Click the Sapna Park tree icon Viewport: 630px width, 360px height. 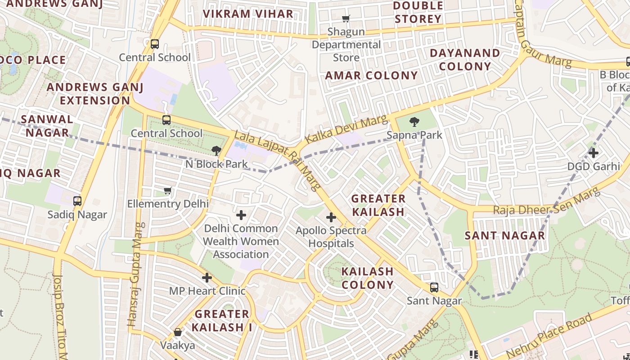pyautogui.click(x=414, y=121)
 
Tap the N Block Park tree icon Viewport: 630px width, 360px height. pyautogui.click(x=216, y=150)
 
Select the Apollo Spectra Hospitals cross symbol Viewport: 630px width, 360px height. pyautogui.click(x=331, y=218)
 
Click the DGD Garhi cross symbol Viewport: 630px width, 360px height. pyautogui.click(x=594, y=153)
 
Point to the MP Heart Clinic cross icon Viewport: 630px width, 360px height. pyautogui.click(x=207, y=278)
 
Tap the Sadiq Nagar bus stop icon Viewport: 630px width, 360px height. pyautogui.click(x=77, y=201)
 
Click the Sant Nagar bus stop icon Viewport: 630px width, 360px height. pyautogui.click(x=434, y=288)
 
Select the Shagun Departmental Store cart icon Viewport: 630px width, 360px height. pyautogui.click(x=346, y=18)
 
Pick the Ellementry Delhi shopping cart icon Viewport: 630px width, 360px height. pyautogui.click(x=168, y=191)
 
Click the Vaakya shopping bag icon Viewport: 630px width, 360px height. pyautogui.click(x=178, y=333)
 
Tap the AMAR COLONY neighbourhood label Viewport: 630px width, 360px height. pyautogui.click(x=371, y=76)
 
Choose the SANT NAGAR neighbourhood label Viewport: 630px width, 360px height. pyautogui.click(x=504, y=235)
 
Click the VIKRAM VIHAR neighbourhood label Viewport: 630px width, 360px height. pyautogui.click(x=248, y=13)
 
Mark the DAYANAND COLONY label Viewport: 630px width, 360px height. pyautogui.click(x=465, y=59)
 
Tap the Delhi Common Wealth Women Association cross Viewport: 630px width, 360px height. pyautogui.click(x=241, y=215)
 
